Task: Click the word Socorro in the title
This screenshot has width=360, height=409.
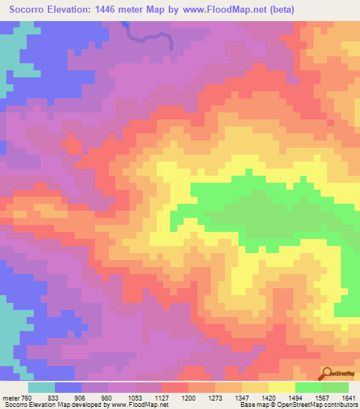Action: [31, 9]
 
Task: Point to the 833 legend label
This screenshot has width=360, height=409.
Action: [68, 397]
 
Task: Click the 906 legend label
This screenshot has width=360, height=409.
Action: [95, 397]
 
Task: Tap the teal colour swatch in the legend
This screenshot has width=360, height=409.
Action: [41, 387]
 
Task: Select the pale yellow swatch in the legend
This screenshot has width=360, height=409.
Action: [282, 387]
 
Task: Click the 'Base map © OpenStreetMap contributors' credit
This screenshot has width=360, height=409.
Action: [297, 405]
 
